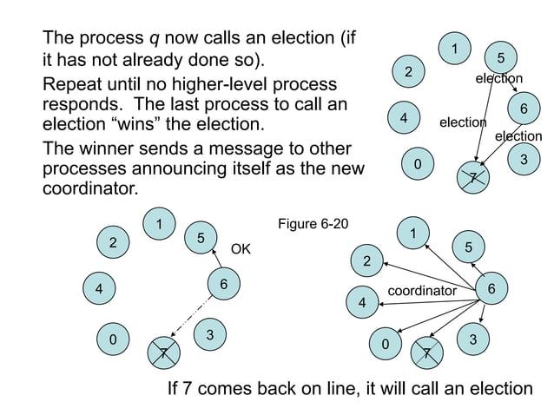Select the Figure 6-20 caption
pyautogui.click(x=313, y=225)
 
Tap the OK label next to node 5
pyautogui.click(x=241, y=250)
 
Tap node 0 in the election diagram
pyautogui.click(x=418, y=163)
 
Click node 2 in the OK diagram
pyautogui.click(x=113, y=243)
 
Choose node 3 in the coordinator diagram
pyautogui.click(x=472, y=339)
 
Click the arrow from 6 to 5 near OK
pyautogui.click(x=214, y=260)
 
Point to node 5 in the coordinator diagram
pyautogui.click(x=469, y=248)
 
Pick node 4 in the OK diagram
pyautogui.click(x=100, y=289)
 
